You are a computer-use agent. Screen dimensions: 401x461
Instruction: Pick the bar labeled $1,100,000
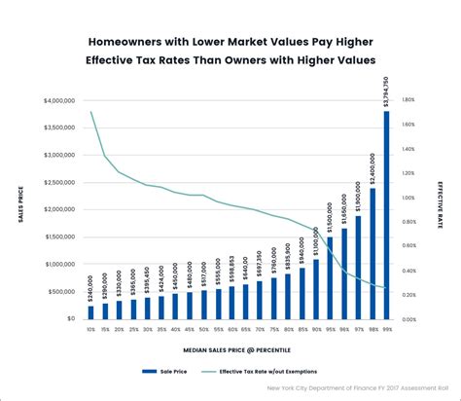point(315,288)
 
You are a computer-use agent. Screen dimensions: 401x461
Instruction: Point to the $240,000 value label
point(91,289)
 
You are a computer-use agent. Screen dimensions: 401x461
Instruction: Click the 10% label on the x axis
point(91,330)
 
